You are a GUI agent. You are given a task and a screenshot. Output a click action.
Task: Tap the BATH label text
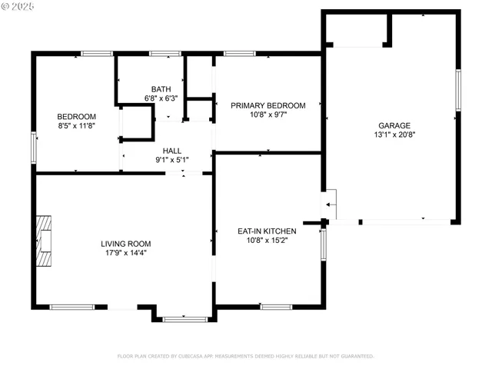tap(161, 89)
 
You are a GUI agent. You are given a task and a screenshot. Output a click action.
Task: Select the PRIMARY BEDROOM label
tap(268, 106)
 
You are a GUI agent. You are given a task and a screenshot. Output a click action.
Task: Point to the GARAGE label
tap(394, 125)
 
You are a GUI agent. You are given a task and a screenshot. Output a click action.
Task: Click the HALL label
tap(171, 151)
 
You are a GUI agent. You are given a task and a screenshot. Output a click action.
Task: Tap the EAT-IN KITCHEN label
tap(267, 230)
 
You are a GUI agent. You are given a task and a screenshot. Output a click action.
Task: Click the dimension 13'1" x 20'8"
tap(394, 135)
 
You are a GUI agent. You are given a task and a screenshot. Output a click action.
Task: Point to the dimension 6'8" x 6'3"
tap(161, 98)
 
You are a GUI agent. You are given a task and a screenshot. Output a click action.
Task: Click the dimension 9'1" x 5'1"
tap(171, 160)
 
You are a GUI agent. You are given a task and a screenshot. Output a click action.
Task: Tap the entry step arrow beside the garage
tap(329, 204)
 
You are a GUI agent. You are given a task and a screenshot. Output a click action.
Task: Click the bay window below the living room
tap(184, 317)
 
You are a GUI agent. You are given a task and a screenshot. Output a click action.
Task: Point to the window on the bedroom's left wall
tap(33, 146)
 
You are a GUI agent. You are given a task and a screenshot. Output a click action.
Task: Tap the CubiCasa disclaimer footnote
tap(245, 356)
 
